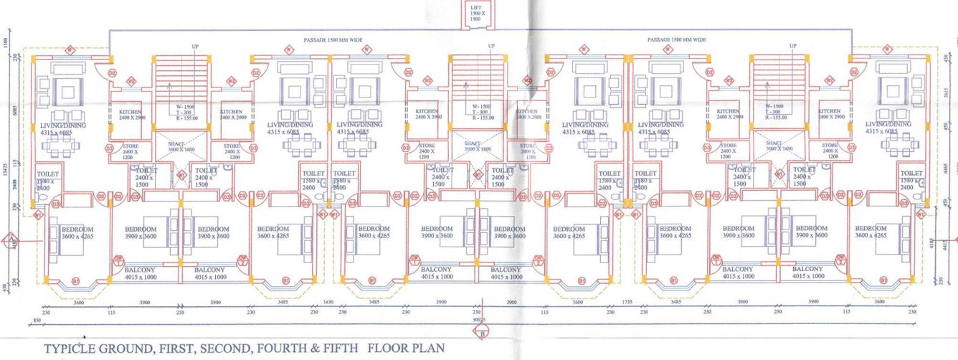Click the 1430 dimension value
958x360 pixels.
point(329,303)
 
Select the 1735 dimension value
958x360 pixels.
point(629,303)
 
